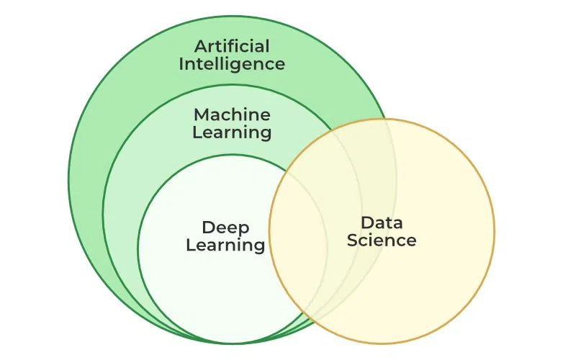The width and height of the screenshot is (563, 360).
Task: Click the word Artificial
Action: (x=232, y=46)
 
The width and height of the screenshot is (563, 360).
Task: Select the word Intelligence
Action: (x=232, y=64)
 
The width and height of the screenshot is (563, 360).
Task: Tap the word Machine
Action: (x=232, y=114)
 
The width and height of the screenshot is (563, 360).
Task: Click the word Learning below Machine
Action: (x=232, y=132)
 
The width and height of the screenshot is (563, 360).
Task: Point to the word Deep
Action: (x=225, y=228)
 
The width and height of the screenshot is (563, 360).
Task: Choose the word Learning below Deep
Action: (x=225, y=246)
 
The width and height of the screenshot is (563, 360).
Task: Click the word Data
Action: (x=382, y=222)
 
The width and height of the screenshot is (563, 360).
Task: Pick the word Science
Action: (x=382, y=240)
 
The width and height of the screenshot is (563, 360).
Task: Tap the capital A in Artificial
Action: (x=201, y=46)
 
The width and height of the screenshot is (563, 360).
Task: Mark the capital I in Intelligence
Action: (x=181, y=63)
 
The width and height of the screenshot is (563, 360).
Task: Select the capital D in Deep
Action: (x=207, y=228)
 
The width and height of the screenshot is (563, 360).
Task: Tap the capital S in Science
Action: (x=352, y=240)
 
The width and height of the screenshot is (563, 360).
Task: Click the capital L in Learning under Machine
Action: (x=196, y=132)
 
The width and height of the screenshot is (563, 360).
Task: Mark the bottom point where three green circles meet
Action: (x=232, y=343)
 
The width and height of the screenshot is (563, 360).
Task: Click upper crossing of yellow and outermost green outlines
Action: (x=387, y=119)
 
